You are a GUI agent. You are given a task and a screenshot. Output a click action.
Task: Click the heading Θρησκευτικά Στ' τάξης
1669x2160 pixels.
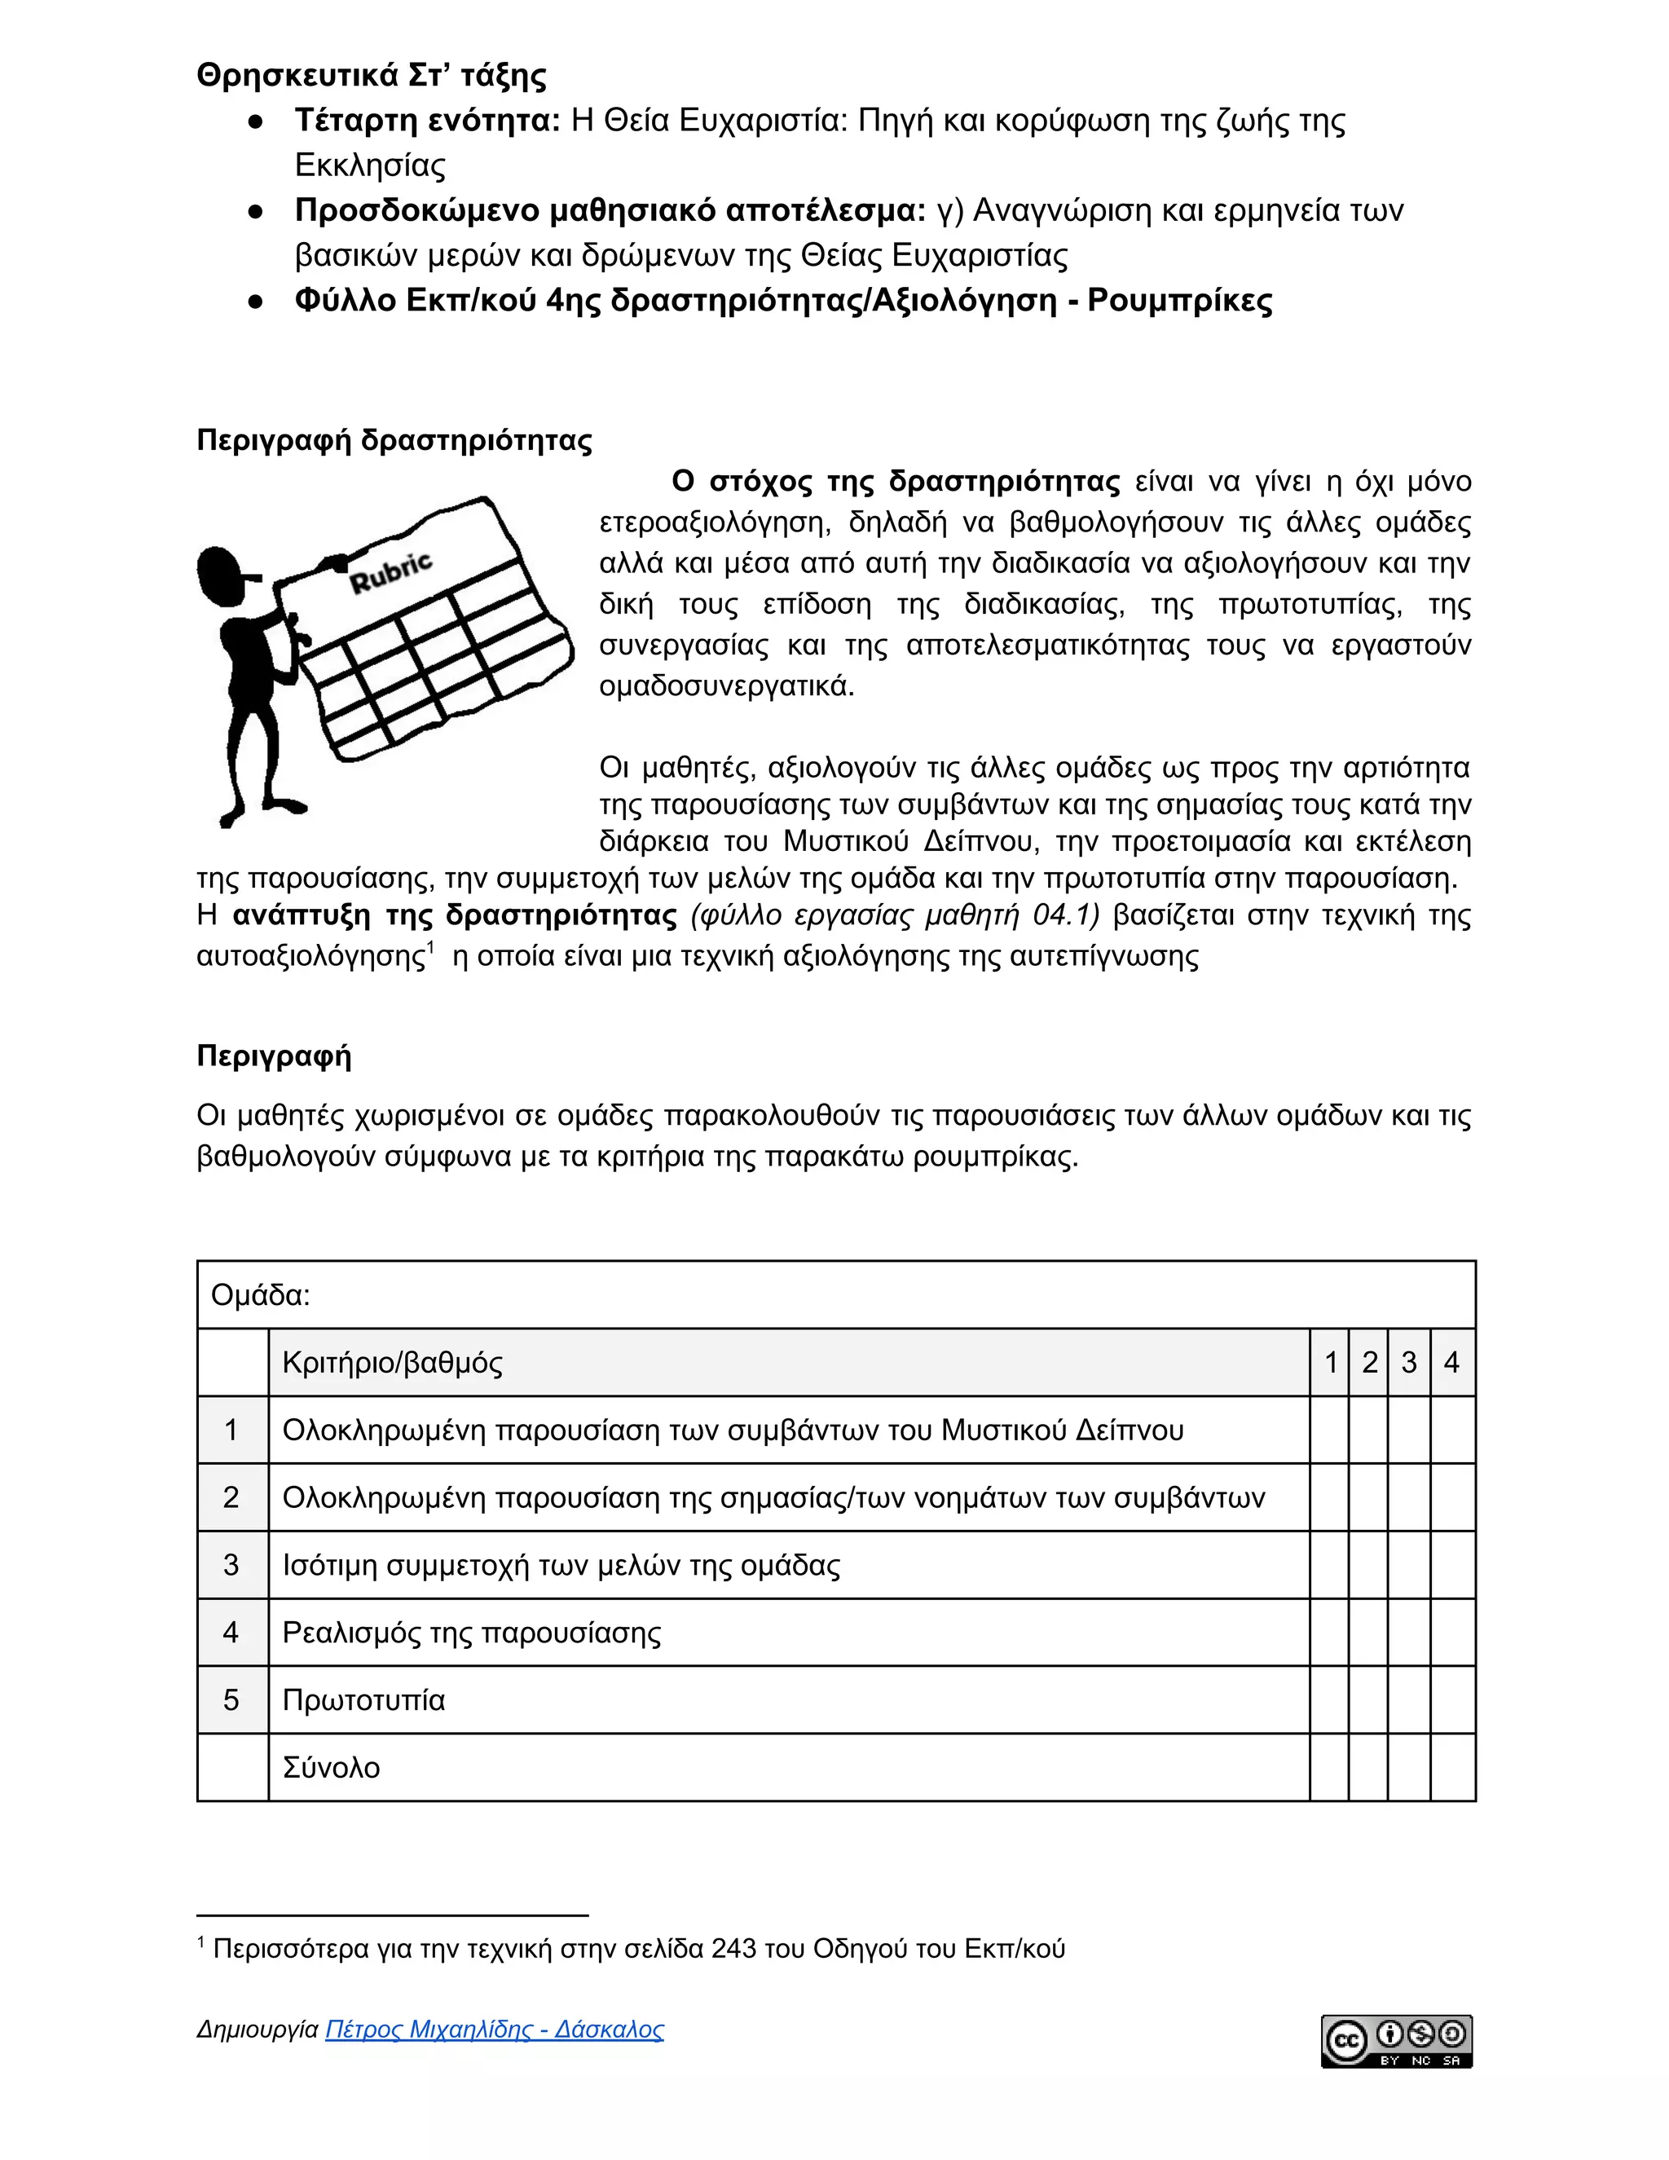click(x=371, y=75)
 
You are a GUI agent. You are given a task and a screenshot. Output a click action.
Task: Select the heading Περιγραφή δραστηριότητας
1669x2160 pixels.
click(x=394, y=440)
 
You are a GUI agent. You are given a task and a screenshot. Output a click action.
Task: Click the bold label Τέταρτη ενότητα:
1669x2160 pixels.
click(x=427, y=121)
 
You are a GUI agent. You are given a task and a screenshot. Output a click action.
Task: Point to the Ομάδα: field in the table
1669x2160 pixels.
click(x=261, y=1294)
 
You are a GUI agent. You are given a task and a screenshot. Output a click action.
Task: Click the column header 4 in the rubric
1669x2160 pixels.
click(x=1451, y=1363)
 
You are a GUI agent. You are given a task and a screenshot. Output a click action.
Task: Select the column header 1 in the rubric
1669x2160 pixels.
click(x=1331, y=1363)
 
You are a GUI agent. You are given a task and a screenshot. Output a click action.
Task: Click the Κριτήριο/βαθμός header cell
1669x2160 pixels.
click(x=393, y=1363)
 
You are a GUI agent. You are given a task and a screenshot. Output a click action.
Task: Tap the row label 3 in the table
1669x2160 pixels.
click(x=231, y=1565)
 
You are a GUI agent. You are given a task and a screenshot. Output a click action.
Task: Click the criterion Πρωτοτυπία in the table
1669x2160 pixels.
click(x=363, y=1700)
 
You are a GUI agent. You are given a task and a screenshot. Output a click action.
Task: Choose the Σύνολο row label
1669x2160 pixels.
click(x=331, y=1767)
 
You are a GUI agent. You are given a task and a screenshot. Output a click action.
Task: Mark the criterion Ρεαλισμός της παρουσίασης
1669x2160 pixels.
click(x=472, y=1633)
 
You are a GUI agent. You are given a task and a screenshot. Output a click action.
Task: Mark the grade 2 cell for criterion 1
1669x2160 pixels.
click(x=1368, y=1430)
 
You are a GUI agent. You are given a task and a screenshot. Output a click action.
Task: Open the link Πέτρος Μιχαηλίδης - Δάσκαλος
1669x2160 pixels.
click(x=495, y=2030)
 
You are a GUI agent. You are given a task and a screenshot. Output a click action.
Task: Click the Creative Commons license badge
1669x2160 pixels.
click(x=1396, y=2041)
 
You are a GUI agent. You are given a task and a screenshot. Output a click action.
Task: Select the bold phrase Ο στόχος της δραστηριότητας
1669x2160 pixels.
click(x=895, y=482)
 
